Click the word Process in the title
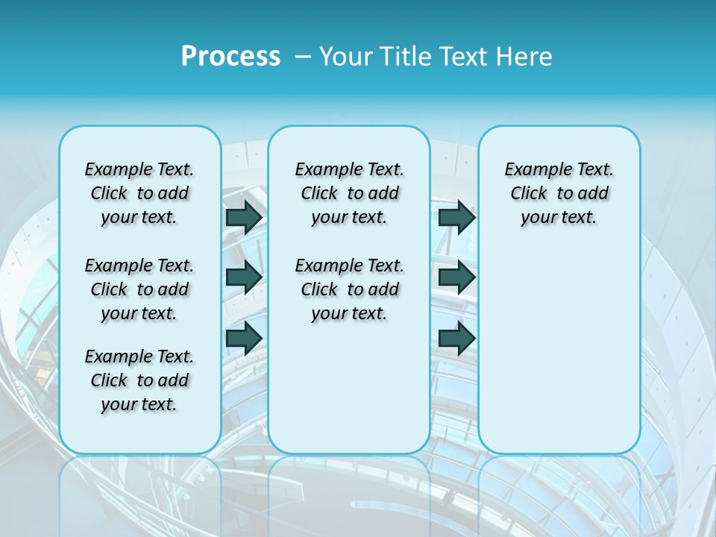(x=230, y=57)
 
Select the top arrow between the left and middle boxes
(x=244, y=217)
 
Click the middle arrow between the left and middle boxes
(x=244, y=277)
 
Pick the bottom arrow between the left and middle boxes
(x=244, y=338)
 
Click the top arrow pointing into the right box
(x=456, y=217)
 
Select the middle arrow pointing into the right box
(x=456, y=277)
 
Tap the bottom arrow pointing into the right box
(x=456, y=338)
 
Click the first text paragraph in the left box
(x=139, y=193)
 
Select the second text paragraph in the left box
(x=139, y=289)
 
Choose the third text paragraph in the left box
(x=139, y=380)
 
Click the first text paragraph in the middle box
(x=349, y=193)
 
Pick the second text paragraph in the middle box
(x=349, y=289)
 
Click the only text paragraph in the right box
(x=559, y=193)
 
